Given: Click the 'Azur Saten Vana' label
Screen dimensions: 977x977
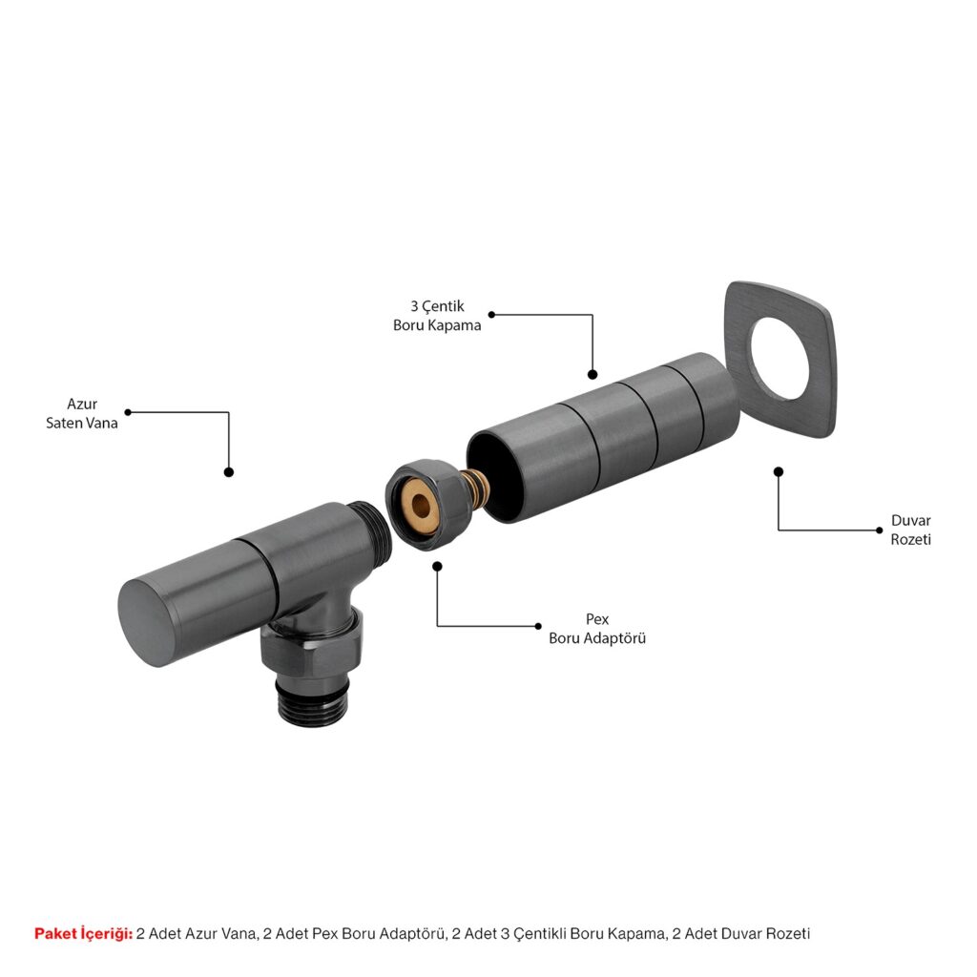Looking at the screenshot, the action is [82, 413].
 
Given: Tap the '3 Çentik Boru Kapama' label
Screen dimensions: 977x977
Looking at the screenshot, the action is [437, 315].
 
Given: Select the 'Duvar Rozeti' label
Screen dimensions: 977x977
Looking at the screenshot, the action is [910, 530].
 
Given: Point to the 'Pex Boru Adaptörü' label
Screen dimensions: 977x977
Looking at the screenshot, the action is [597, 628].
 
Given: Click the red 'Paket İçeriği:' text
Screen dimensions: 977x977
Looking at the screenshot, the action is [84, 933].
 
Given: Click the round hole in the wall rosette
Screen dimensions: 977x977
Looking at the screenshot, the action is [780, 359].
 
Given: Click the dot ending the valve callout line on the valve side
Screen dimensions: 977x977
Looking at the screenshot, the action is [229, 472].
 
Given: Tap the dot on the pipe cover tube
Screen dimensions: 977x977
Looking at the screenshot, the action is [592, 374].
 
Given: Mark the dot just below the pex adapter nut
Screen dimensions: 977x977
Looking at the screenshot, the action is [437, 567].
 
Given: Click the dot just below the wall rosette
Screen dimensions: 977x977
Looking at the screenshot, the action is [779, 471].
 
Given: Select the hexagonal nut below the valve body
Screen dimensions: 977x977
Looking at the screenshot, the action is [310, 648].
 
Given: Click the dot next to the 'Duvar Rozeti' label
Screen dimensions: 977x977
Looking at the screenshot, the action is [879, 530].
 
